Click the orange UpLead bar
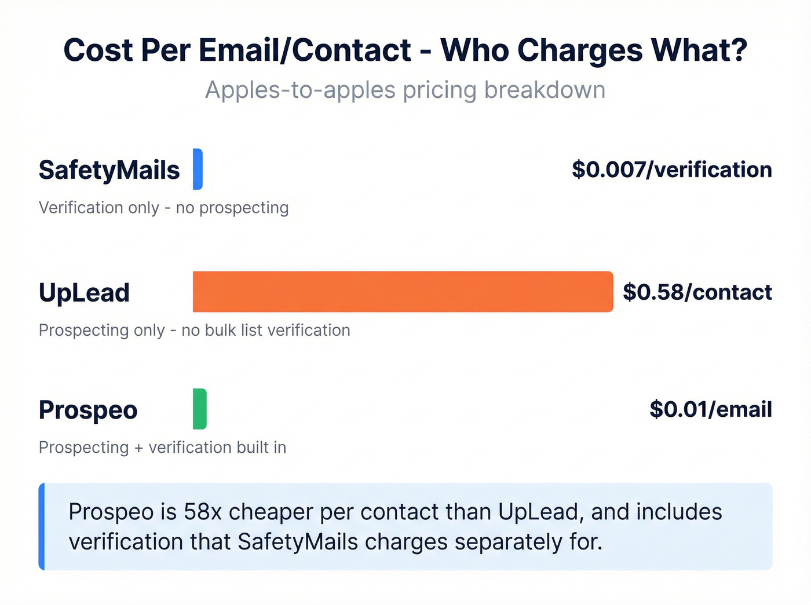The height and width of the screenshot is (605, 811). pos(403,292)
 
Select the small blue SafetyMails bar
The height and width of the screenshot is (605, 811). pos(198,169)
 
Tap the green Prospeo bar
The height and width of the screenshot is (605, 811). pos(199,409)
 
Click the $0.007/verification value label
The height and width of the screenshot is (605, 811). pos(671,170)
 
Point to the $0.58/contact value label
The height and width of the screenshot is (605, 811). pos(697,292)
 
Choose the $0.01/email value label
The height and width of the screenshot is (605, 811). pos(710,409)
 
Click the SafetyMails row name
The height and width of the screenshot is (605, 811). pos(109,170)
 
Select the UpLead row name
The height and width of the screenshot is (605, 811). pos(84,292)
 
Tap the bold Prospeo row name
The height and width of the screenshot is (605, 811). pos(88,410)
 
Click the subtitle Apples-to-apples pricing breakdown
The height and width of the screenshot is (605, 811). pos(405,90)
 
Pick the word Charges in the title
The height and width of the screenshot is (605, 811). pos(580,50)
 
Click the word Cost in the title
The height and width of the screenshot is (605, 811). pos(98,50)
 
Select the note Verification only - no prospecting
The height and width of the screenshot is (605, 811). pos(163,207)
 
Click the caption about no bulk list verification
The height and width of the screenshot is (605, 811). pos(194,330)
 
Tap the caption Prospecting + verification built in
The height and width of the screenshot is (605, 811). pos(162,448)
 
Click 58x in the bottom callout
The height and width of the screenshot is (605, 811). pos(202,512)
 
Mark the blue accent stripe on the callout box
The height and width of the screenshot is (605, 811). pos(42,526)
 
